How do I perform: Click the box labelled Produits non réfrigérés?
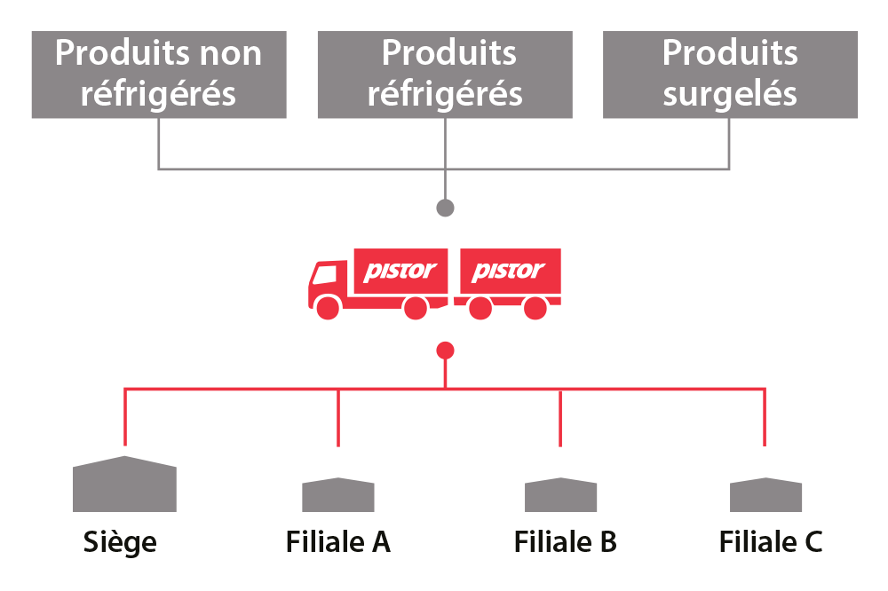pos(159,75)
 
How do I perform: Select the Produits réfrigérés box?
pos(445,75)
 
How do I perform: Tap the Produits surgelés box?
pos(730,75)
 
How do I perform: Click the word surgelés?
pos(730,93)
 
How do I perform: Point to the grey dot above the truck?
pos(446,208)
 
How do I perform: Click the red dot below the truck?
pos(446,351)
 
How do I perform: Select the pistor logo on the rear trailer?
pos(508,271)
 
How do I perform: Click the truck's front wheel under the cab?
pos(328,308)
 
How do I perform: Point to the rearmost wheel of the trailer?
pos(535,308)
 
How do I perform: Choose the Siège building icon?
pos(124,485)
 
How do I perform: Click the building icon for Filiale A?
pos(338,494)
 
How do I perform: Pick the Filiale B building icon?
pos(560,494)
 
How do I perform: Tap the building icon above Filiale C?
pos(765,494)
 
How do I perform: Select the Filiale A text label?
pos(337,540)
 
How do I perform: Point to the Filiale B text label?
pos(566,540)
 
